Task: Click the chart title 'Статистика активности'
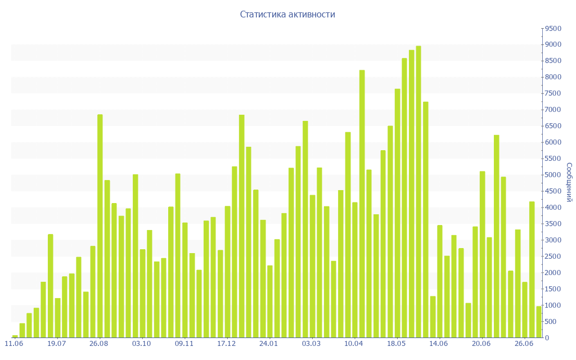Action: click(x=287, y=15)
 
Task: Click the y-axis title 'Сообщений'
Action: click(x=569, y=182)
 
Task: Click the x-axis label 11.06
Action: click(x=14, y=344)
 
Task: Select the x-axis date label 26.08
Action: click(x=99, y=344)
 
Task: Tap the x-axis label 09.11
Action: click(x=184, y=344)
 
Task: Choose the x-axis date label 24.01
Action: click(x=269, y=344)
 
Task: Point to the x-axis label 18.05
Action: click(x=397, y=344)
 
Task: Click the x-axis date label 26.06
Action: click(x=524, y=344)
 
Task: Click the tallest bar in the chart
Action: click(x=418, y=191)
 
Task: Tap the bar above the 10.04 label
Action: click(x=355, y=270)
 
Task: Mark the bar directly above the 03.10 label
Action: click(x=143, y=293)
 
